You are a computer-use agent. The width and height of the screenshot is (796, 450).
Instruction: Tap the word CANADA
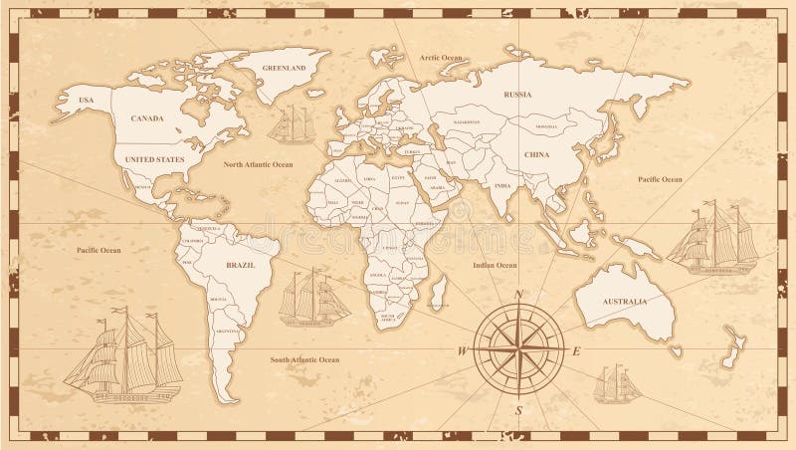click(146, 117)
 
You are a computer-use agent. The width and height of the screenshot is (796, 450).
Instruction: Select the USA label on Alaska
click(86, 100)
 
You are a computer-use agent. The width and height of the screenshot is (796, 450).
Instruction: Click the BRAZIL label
click(240, 266)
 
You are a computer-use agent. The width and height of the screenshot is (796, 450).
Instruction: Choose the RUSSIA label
click(518, 95)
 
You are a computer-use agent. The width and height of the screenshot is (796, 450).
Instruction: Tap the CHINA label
click(536, 155)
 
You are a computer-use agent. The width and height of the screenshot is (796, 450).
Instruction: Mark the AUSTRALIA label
click(623, 301)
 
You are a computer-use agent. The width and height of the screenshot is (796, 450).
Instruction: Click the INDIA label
click(502, 186)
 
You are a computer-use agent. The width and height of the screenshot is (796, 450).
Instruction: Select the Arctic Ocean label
click(441, 59)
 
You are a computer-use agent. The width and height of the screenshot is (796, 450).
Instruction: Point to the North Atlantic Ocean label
click(258, 164)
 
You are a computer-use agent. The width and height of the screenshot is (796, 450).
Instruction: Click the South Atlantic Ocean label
click(305, 359)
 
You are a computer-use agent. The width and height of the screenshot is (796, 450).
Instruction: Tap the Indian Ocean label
click(494, 266)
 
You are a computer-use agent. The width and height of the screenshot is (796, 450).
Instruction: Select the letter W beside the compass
click(463, 351)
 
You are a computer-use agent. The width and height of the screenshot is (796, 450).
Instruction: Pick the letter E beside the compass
click(576, 351)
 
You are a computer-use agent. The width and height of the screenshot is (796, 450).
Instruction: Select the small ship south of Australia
click(617, 384)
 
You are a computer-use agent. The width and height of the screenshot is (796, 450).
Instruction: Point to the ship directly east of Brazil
click(313, 298)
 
